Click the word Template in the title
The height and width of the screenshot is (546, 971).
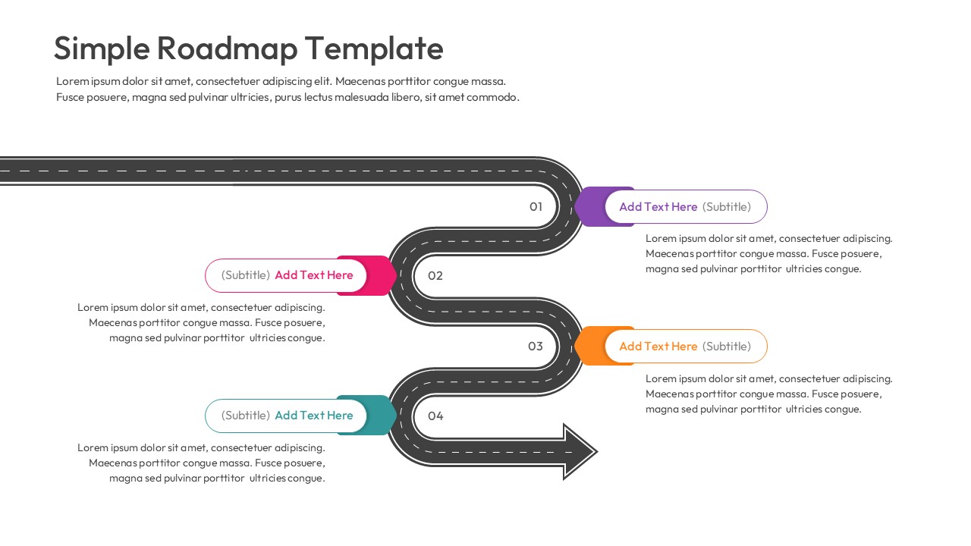(x=374, y=49)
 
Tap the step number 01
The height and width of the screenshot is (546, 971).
(x=536, y=206)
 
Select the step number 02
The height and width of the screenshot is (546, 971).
(x=435, y=275)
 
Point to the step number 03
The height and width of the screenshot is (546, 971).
(x=536, y=346)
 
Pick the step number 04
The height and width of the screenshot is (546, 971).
(x=435, y=416)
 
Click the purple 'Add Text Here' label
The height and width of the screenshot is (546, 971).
(x=658, y=207)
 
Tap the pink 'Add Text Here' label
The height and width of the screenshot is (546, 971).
(x=313, y=275)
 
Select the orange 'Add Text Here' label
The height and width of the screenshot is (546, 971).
(x=658, y=346)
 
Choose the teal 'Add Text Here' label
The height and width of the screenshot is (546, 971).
(x=313, y=416)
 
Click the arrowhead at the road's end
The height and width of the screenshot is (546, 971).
(x=580, y=452)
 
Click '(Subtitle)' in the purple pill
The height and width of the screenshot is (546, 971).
(x=726, y=207)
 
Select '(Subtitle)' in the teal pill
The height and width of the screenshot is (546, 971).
(x=245, y=416)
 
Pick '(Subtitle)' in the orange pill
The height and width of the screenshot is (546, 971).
(x=726, y=346)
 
